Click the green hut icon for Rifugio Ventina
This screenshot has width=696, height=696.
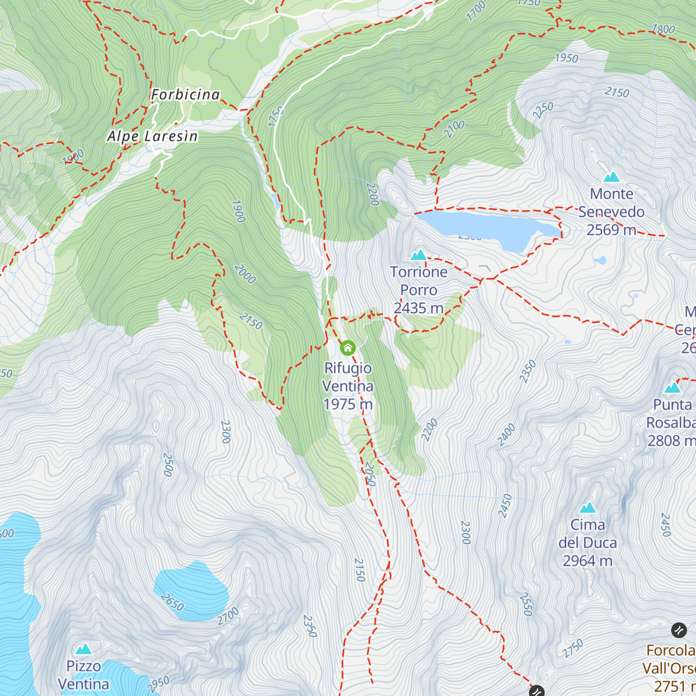click(x=347, y=347)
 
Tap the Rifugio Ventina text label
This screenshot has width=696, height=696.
click(x=347, y=377)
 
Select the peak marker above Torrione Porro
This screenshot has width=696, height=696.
click(x=419, y=255)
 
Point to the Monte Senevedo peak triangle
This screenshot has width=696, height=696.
click(x=611, y=177)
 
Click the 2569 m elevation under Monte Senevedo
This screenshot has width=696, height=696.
click(x=611, y=230)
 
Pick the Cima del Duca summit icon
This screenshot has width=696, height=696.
click(x=588, y=507)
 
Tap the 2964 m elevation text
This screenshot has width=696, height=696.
click(x=587, y=561)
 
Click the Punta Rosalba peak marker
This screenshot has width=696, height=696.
click(x=672, y=387)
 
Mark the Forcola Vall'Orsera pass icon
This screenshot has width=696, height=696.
click(x=679, y=629)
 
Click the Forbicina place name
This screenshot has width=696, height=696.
click(x=186, y=95)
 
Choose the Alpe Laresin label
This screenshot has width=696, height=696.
click(x=153, y=136)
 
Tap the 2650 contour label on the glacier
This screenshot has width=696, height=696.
click(x=172, y=602)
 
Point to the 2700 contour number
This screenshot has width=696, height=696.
click(x=228, y=615)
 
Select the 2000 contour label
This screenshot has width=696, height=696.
click(x=245, y=274)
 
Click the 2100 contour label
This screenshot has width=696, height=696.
click(x=454, y=129)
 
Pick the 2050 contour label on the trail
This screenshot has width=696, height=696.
click(x=370, y=474)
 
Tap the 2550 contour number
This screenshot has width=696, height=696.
click(x=526, y=604)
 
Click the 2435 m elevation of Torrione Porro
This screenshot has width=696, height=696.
click(x=418, y=308)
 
